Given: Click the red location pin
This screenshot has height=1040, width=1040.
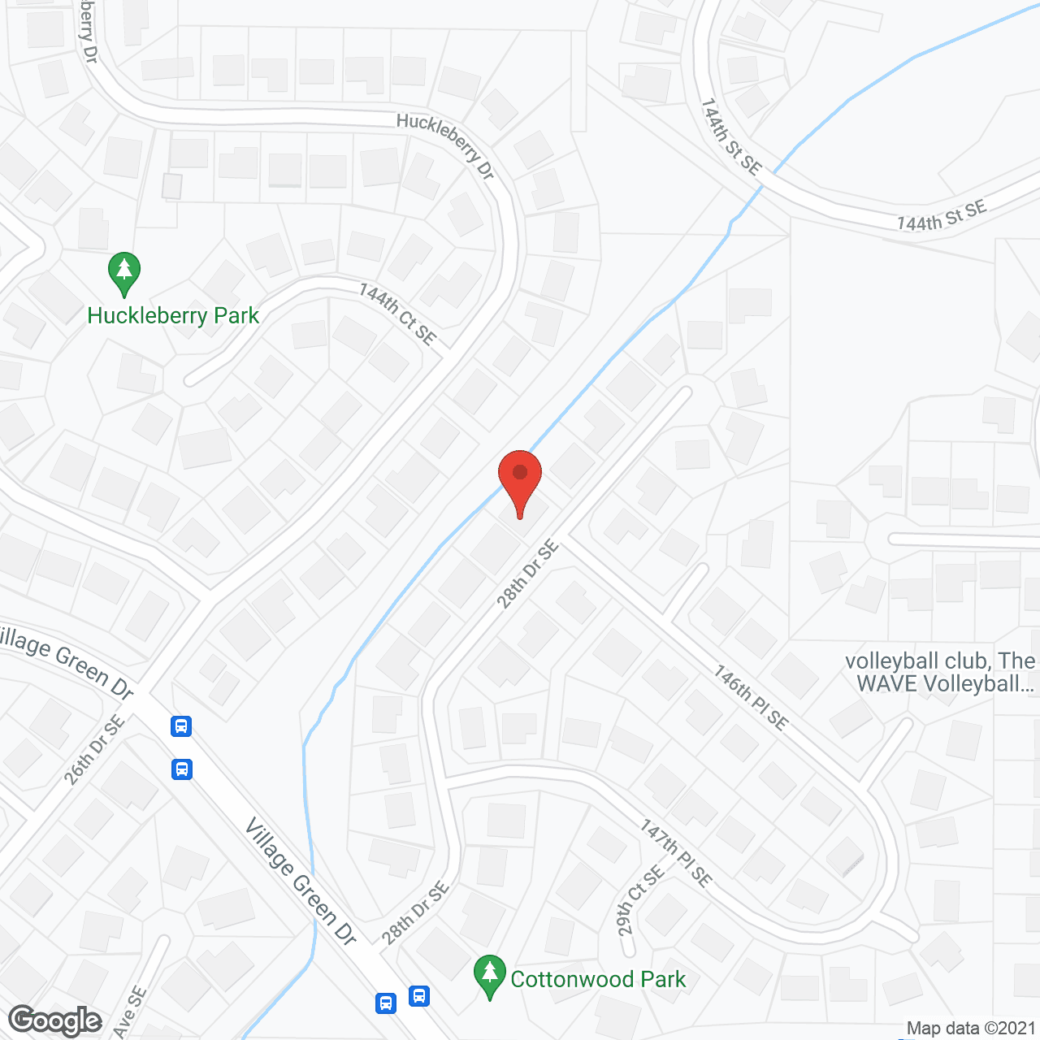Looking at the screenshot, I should point(520,479).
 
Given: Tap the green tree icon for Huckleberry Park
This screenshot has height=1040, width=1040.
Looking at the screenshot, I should point(124,272).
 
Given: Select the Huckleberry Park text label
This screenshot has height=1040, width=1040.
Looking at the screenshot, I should point(173,315).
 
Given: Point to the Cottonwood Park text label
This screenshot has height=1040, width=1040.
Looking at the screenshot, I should point(598,979).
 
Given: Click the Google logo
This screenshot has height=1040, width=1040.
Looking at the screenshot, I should point(55,1020).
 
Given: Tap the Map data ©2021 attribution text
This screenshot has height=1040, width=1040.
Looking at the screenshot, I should point(971,1028).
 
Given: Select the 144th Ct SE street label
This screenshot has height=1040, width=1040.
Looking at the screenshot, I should point(397,314).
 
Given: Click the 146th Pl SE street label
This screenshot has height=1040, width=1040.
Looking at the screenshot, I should point(751,697).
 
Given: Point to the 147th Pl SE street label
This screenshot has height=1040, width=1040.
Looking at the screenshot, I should point(676,852).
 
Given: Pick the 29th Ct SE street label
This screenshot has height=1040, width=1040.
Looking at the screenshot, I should point(640,900).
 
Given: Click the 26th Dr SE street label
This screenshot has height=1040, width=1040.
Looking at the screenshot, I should point(95,749).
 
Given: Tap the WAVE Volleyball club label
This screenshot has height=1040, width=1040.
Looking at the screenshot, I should point(940,673).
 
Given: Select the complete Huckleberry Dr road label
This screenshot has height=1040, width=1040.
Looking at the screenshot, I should point(445,145).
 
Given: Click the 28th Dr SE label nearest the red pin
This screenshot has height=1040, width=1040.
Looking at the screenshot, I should point(528,574).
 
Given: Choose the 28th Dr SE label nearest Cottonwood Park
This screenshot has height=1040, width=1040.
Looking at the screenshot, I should point(415,914).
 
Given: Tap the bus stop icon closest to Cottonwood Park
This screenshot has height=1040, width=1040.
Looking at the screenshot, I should point(419,994).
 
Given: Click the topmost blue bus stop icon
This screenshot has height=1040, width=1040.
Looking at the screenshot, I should point(181,726).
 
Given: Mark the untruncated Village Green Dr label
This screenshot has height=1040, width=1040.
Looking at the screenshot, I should point(301,882).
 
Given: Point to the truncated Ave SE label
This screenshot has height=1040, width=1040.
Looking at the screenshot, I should point(129,1012).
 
